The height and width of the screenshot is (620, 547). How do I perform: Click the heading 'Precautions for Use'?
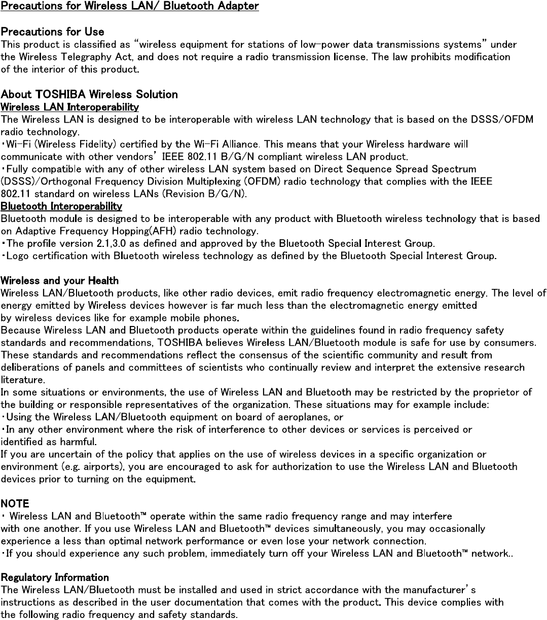pyautogui.click(x=52, y=32)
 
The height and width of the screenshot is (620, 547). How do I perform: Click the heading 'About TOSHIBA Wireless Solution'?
pyautogui.click(x=89, y=94)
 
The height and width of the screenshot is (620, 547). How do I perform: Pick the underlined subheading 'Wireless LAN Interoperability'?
pyautogui.click(x=69, y=107)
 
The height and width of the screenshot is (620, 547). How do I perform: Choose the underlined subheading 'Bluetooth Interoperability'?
pyautogui.click(x=61, y=206)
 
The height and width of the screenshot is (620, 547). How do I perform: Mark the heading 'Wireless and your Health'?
pyautogui.click(x=60, y=280)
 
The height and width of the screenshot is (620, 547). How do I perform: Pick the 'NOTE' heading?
pyautogui.click(x=15, y=504)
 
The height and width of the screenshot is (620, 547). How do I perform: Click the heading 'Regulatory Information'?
pyautogui.click(x=55, y=577)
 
